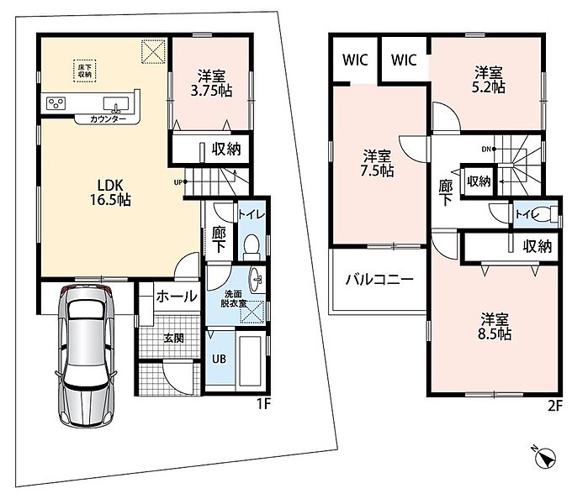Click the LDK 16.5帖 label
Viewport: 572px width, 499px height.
point(110,192)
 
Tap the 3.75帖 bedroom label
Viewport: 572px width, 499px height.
point(212,83)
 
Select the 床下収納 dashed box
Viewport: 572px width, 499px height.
point(85,71)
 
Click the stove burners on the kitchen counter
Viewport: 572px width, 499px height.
point(56,103)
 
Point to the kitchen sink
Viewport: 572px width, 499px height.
point(116,104)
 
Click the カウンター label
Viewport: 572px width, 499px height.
point(108,119)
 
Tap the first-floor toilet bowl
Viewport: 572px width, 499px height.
point(251,244)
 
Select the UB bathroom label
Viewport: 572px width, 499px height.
point(219,359)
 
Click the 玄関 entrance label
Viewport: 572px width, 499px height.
point(173,339)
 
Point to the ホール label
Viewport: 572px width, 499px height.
point(177,296)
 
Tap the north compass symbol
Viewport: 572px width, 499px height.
point(545,455)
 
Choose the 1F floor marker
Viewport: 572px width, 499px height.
point(263,404)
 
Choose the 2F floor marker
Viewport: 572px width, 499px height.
point(555,406)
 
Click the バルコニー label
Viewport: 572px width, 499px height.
point(379,280)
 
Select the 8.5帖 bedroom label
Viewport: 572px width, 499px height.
point(495,327)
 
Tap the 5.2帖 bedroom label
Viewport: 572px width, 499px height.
point(489,80)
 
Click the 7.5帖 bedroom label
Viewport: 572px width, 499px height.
point(377,163)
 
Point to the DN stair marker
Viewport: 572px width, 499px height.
point(488,149)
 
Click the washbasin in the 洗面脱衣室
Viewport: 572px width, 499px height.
point(256,280)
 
